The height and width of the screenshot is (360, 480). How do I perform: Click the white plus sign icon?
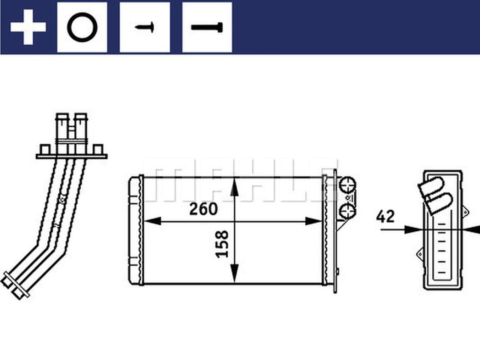(x=28, y=27)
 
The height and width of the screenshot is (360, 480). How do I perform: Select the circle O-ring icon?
(x=82, y=27)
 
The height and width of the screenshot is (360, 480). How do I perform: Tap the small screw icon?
(x=145, y=27)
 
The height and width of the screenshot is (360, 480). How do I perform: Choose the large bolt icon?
(x=207, y=27)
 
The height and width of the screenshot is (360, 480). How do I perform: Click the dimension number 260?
(x=203, y=209)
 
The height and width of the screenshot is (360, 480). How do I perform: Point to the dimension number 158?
(x=222, y=244)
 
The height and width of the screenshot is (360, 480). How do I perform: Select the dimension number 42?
(x=385, y=216)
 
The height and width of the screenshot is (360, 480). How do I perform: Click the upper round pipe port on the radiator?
(x=347, y=185)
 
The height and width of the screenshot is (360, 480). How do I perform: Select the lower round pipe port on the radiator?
(x=347, y=211)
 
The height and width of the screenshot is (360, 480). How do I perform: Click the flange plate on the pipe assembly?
(x=71, y=156)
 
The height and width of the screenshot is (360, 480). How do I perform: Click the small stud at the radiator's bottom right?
(x=338, y=271)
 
